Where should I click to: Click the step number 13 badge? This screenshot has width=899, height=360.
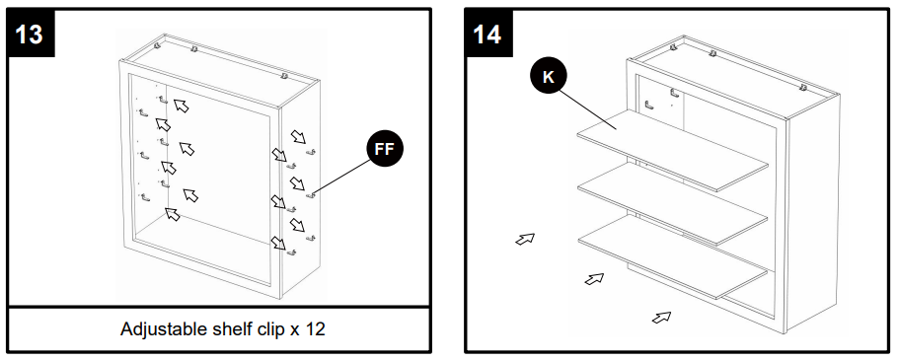(31, 34)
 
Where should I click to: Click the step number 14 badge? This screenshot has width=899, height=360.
(488, 34)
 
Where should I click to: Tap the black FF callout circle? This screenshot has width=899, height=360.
(385, 149)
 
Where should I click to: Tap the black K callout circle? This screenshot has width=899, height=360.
(548, 77)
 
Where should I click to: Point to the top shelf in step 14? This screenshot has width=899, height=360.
(672, 150)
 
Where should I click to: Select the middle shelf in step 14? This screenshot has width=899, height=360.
(672, 203)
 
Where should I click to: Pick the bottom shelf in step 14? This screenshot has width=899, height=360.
(672, 256)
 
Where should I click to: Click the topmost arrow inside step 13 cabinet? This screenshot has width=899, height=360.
(182, 105)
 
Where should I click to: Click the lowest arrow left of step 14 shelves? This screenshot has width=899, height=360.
(661, 317)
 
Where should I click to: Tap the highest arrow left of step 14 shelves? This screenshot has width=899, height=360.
(525, 239)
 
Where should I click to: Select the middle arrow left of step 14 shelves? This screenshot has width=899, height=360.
(594, 278)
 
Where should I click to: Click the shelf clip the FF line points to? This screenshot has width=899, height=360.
(311, 196)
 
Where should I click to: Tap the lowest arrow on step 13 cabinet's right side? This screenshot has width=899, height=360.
(278, 243)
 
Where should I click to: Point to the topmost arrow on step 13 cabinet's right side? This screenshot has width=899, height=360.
(298, 136)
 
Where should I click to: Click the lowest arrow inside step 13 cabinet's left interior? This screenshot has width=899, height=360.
(172, 214)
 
